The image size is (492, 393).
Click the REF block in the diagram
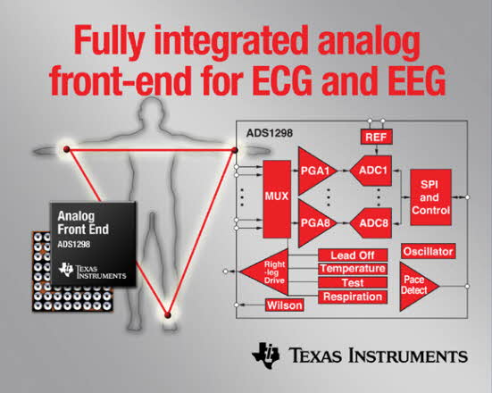376,138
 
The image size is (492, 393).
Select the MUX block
277,199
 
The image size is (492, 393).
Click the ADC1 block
372,171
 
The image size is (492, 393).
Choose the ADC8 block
372,223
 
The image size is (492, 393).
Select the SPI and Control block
430,197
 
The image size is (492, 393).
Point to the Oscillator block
428,251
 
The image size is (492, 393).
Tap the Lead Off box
353,255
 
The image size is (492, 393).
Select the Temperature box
353,269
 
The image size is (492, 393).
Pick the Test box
353,282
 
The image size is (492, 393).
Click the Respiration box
353,297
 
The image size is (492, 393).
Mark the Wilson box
285,305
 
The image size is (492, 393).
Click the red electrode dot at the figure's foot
168,314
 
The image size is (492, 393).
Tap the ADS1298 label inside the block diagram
270,133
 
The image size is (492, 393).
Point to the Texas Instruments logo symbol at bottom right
265,355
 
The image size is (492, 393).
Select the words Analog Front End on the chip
83,222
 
